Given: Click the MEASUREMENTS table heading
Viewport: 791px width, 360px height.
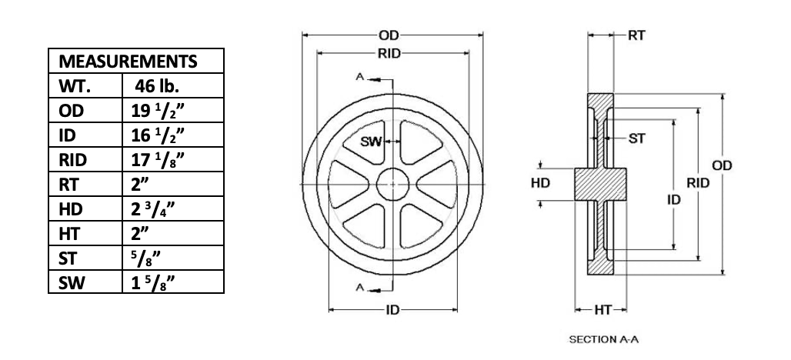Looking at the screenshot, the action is click(x=128, y=61).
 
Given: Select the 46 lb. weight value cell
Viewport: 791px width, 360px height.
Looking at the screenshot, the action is click(x=157, y=85).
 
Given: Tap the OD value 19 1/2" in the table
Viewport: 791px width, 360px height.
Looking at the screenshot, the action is click(x=158, y=111).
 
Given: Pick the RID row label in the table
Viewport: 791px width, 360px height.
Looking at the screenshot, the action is click(x=72, y=160).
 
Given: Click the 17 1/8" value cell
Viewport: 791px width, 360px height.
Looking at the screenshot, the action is click(x=158, y=160).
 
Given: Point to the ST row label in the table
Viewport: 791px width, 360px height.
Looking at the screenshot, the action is click(x=67, y=258).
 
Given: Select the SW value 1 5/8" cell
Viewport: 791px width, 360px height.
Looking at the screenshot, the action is click(x=153, y=283).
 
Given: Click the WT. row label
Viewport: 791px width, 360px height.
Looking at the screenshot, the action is click(x=74, y=86).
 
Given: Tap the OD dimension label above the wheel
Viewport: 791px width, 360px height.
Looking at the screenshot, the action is click(x=389, y=35).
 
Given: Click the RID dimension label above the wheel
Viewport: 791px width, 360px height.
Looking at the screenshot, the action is click(x=389, y=53).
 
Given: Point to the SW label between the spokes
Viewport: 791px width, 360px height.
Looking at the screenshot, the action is click(x=372, y=142).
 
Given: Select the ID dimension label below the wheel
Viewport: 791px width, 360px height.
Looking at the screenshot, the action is click(x=392, y=310).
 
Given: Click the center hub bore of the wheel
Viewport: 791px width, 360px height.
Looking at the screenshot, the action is click(x=392, y=184).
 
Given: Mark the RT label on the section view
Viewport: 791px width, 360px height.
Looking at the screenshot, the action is click(x=636, y=35).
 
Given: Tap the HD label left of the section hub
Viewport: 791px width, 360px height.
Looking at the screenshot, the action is click(x=540, y=183).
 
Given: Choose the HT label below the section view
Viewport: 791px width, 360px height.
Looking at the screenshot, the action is click(x=602, y=310).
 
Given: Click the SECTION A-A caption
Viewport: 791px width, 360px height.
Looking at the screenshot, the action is click(x=604, y=339).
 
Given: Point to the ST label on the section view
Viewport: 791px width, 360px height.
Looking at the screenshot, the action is click(x=636, y=138).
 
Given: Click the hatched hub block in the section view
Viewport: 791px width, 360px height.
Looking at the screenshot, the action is click(x=600, y=184).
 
